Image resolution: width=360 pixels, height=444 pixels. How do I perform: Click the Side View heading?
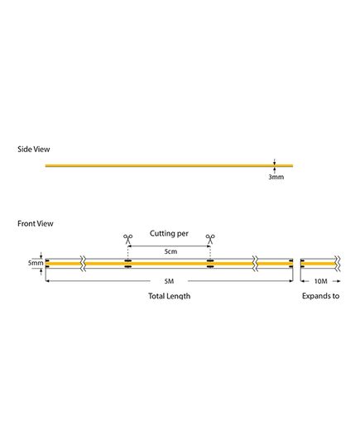click(34, 149)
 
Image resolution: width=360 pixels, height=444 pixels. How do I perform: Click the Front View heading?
click(35, 223)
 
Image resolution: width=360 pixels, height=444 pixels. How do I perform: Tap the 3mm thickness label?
click(276, 177)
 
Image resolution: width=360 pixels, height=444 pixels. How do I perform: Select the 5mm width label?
click(36, 263)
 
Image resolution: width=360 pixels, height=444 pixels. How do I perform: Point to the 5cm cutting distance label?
click(170, 251)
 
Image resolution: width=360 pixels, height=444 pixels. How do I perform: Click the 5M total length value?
click(169, 281)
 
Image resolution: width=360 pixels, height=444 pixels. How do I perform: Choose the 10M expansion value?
click(321, 281)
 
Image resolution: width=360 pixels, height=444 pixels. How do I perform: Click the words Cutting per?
click(169, 234)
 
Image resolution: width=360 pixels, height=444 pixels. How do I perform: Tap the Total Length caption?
click(169, 296)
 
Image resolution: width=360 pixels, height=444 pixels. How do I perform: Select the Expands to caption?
click(320, 296)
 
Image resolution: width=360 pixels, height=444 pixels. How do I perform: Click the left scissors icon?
click(127, 239)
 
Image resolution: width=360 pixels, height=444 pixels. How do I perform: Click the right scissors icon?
click(210, 239)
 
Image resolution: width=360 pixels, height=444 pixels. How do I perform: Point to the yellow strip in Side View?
click(169, 165)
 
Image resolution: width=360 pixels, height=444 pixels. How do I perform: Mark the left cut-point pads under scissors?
click(127, 264)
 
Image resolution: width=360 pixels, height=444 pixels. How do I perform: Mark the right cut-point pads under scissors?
click(210, 264)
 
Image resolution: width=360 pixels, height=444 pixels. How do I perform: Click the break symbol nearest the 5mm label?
click(83, 264)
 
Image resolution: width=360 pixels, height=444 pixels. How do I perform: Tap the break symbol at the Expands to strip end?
click(338, 264)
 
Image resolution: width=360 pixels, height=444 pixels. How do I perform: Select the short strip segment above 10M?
click(319, 264)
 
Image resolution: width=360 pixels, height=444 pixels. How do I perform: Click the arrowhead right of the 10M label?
click(338, 281)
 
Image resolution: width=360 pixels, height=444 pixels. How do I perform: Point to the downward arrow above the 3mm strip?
click(274, 162)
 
